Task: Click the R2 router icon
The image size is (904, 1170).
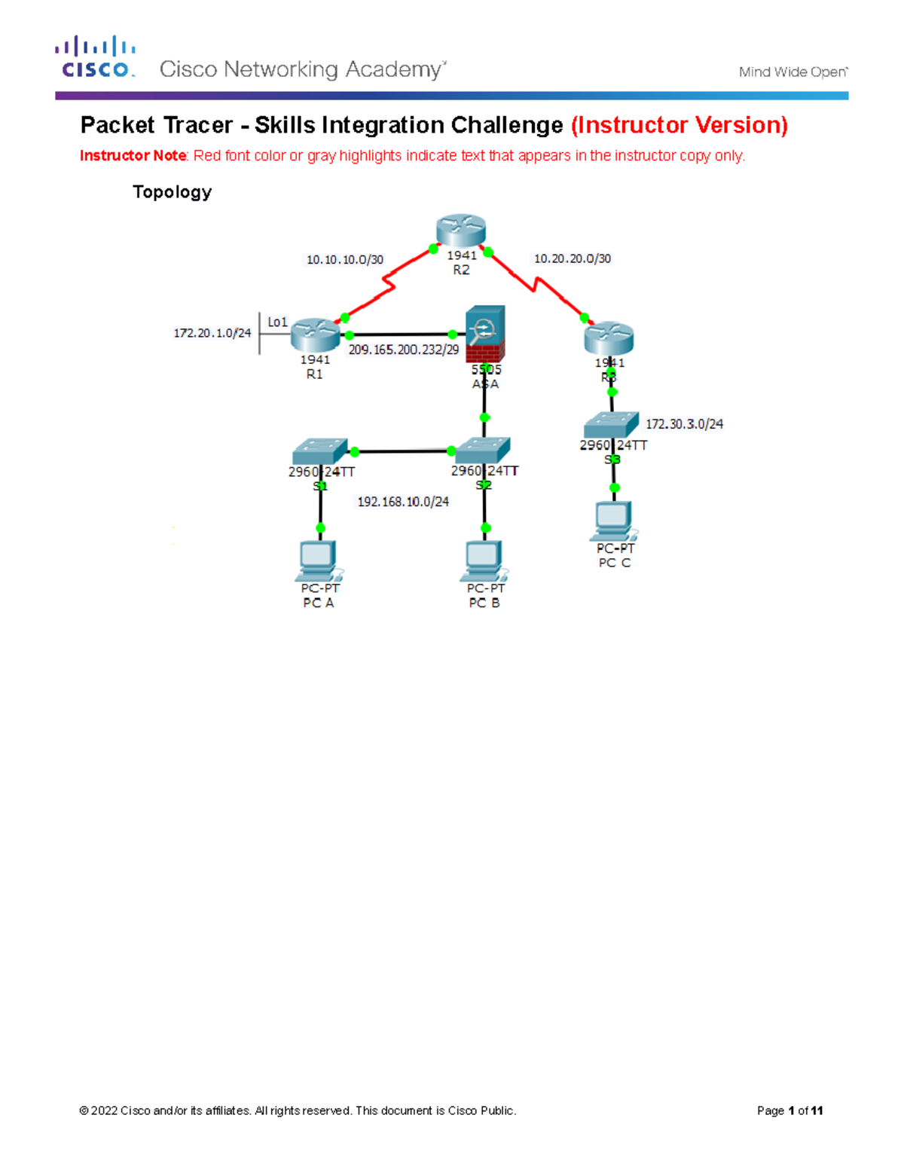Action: click(x=461, y=231)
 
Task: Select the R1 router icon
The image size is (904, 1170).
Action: click(x=315, y=335)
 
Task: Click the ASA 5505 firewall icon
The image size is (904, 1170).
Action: click(x=485, y=335)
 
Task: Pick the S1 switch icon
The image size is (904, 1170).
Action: click(x=320, y=451)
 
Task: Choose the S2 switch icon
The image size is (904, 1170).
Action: click(x=483, y=450)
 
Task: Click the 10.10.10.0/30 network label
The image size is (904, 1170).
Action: click(x=344, y=260)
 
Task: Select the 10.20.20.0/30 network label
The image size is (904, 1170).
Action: click(x=573, y=258)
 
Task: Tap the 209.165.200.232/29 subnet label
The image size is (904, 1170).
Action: click(x=403, y=350)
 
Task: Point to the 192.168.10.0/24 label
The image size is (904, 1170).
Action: click(x=403, y=502)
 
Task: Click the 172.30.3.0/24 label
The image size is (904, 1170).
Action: click(x=684, y=424)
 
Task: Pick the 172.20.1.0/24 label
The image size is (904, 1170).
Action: click(x=212, y=333)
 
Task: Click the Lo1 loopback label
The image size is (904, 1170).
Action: click(x=277, y=322)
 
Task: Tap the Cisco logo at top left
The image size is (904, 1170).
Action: click(x=96, y=57)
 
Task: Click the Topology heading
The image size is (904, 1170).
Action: click(x=172, y=192)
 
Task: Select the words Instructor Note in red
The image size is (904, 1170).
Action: click(x=133, y=156)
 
